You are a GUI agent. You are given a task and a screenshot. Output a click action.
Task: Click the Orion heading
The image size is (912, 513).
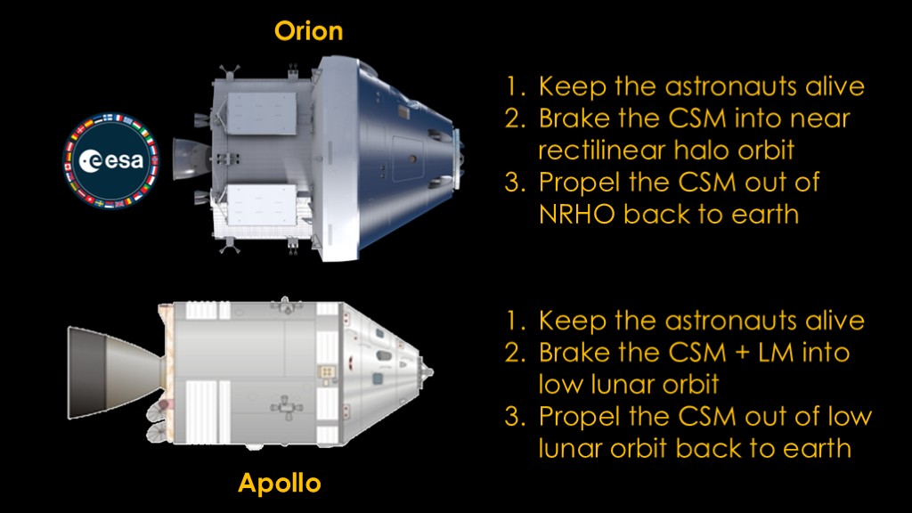click(308, 31)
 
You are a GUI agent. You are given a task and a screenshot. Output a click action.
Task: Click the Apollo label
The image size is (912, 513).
click(279, 484)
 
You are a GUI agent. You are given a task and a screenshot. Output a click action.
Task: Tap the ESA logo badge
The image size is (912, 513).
click(110, 161)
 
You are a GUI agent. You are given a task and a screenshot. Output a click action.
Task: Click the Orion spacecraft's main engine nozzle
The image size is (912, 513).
click(191, 159)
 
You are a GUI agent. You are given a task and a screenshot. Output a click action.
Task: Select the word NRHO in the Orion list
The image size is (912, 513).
click(577, 214)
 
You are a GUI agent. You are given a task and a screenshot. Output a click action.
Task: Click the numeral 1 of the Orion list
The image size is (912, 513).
click(514, 86)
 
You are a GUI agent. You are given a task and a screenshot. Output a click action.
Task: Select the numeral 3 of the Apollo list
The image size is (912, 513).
click(514, 417)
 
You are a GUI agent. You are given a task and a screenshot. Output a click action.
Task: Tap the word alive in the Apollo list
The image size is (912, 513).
click(835, 321)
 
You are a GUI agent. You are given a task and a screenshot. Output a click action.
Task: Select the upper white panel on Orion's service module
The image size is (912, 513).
click(262, 113)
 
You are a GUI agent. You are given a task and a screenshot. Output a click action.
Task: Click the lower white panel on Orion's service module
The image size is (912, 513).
click(262, 206)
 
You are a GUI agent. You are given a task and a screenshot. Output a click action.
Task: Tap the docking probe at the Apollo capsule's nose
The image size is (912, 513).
click(427, 371)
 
